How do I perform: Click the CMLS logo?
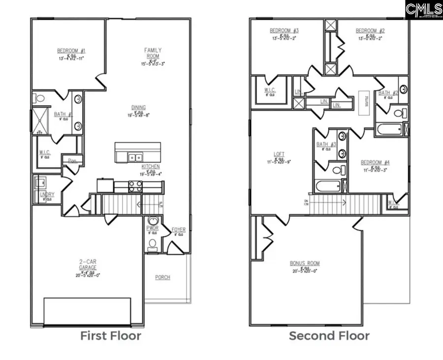[x=424, y=9]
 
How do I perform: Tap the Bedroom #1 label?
[x=71, y=51]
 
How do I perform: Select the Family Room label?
[x=153, y=53]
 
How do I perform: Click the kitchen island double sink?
[x=133, y=157]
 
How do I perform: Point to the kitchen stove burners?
[x=135, y=186]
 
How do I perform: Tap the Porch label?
[x=162, y=277]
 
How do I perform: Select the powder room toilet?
[x=152, y=243]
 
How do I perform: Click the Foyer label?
[x=178, y=230]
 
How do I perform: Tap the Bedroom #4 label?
[x=375, y=162]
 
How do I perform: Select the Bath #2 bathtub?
[x=389, y=130]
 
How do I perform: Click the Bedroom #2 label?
[x=370, y=30]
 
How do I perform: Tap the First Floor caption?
[x=111, y=336]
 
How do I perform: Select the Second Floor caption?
[x=329, y=336]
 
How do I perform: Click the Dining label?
[x=138, y=108]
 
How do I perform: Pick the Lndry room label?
[x=47, y=195]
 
